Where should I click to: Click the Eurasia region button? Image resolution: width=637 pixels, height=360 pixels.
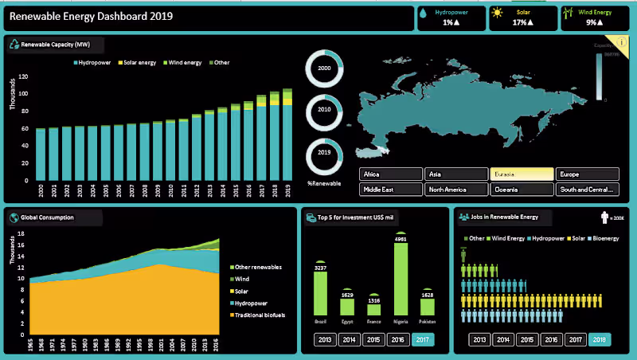click(x=522, y=174)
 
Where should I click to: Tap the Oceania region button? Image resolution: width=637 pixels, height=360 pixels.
click(x=522, y=190)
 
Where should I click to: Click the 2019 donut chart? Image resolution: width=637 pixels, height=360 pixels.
click(x=324, y=155)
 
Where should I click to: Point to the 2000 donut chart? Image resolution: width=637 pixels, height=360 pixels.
click(x=324, y=69)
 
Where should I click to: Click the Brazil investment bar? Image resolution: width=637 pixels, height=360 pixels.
click(x=321, y=295)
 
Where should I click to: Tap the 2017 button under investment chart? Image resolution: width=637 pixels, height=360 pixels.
click(x=422, y=339)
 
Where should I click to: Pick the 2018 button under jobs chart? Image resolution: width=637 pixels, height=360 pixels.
click(x=600, y=339)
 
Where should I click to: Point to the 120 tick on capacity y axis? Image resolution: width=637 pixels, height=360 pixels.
click(x=24, y=77)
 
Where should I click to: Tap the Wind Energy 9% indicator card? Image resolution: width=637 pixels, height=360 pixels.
click(x=595, y=18)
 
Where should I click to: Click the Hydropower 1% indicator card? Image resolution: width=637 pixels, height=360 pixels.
click(x=451, y=18)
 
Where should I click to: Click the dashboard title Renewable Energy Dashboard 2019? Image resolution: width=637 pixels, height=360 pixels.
click(x=92, y=16)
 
